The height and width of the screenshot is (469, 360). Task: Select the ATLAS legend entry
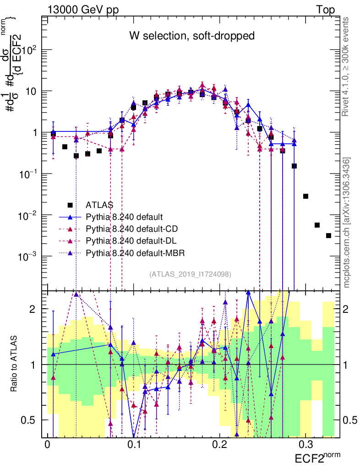pyautogui.click(x=99, y=204)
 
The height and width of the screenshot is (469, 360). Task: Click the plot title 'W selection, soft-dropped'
pyautogui.click(x=191, y=35)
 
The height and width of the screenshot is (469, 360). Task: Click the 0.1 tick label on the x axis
pyautogui.click(x=134, y=445)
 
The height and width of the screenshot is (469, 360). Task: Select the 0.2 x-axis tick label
pyautogui.click(x=220, y=445)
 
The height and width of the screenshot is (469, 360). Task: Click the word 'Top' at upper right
pyautogui.click(x=325, y=10)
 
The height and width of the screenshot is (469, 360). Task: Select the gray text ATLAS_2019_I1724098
pyautogui.click(x=190, y=274)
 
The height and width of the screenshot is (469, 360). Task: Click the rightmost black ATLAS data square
pyautogui.click(x=328, y=235)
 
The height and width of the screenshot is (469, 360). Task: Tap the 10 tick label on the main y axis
pyautogui.click(x=33, y=91)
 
